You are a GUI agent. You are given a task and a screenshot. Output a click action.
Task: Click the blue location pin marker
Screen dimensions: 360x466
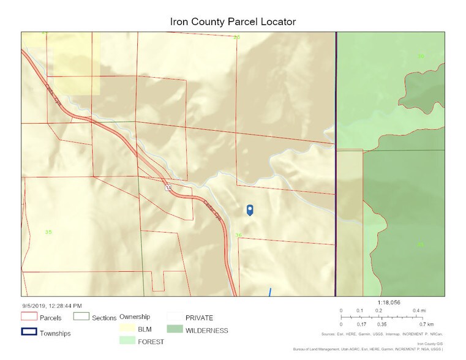250,210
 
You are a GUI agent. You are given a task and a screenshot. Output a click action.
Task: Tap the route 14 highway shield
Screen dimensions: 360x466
168,187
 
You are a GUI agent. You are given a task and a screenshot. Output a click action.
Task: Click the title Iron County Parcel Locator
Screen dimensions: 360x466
233,21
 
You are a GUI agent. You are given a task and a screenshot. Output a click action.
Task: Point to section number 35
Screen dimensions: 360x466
48,232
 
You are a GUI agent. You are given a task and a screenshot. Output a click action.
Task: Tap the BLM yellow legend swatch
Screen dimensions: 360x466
127,329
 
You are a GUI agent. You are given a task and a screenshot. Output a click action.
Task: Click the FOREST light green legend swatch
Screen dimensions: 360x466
127,341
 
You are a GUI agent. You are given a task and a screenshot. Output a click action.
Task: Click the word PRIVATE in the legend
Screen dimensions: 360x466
199,318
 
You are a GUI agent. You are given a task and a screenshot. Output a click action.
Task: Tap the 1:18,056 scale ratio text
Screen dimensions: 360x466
388,302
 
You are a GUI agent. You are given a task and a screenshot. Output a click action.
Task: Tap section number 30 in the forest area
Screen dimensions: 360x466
421,56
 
